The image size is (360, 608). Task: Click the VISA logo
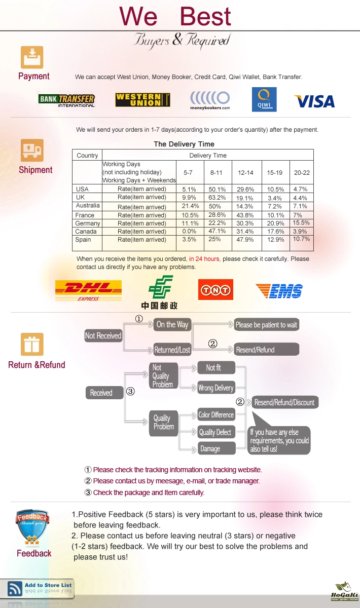tap(314, 101)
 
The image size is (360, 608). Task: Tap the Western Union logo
tap(142, 100)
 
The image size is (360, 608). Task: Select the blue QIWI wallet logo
tap(264, 99)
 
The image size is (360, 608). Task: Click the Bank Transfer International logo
tap(66, 100)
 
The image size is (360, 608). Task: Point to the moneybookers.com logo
tap(210, 100)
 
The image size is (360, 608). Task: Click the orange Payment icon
tap(32, 57)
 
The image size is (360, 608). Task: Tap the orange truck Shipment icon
tap(32, 150)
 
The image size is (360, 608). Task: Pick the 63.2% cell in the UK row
tap(217, 197)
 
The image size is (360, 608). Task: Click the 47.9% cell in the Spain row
tap(245, 240)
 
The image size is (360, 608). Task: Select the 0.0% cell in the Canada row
tap(189, 231)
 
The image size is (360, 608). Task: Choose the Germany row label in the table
tap(88, 223)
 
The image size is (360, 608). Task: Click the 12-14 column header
tap(245, 173)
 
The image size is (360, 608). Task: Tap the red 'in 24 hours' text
tap(204, 259)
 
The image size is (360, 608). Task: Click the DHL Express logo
tap(88, 291)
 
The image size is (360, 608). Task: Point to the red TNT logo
tap(215, 290)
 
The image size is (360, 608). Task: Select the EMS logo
tap(279, 291)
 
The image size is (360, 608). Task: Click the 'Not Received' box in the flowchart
tap(103, 336)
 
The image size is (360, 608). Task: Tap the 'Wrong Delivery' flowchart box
tap(216, 388)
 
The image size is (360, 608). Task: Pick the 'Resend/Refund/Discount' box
tap(284, 402)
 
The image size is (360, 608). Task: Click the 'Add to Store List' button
tap(37, 588)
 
